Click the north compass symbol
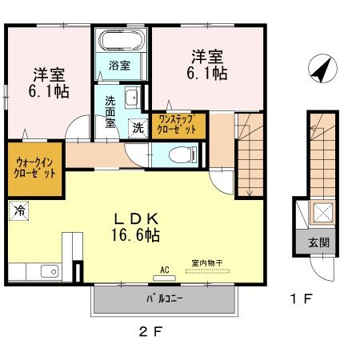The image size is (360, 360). click(x=322, y=69)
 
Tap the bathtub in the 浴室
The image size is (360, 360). click(x=122, y=40)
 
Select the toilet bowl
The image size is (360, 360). click(x=182, y=155)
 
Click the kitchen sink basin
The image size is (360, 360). click(x=50, y=271)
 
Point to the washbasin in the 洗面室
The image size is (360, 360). click(x=132, y=98)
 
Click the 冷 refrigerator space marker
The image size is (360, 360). click(x=18, y=210)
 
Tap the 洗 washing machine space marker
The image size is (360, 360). click(x=138, y=128)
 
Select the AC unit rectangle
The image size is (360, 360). click(x=165, y=278)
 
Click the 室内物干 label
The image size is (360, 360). click(x=207, y=263)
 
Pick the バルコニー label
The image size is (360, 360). click(x=164, y=298)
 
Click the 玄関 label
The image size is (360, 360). click(x=319, y=242)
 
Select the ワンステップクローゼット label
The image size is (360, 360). click(x=177, y=124)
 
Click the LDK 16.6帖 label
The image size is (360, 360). click(x=135, y=227)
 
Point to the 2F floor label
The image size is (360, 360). click(x=150, y=332)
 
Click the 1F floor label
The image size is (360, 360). click(x=302, y=298)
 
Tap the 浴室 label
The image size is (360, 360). click(x=119, y=65)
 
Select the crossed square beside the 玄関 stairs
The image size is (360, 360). click(x=323, y=213)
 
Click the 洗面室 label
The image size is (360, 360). click(x=110, y=112)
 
